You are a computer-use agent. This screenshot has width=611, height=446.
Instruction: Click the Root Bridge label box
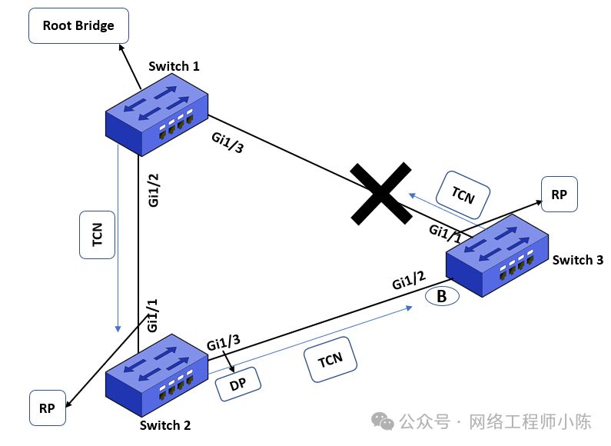point(78,26)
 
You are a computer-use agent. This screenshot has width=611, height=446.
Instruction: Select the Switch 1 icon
point(157,113)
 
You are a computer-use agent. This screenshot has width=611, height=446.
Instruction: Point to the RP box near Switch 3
point(559,195)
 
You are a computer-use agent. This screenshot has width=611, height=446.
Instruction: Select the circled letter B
point(442,296)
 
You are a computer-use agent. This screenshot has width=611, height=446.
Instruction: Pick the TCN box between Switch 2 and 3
point(331,359)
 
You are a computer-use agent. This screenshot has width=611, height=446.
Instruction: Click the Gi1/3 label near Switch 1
point(227,142)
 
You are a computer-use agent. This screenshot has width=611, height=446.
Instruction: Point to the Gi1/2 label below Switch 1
point(154,190)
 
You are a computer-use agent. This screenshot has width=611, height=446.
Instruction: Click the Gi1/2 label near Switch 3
point(409,281)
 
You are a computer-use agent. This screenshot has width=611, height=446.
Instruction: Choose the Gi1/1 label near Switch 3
point(446,233)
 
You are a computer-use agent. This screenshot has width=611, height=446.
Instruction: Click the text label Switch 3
point(577,260)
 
